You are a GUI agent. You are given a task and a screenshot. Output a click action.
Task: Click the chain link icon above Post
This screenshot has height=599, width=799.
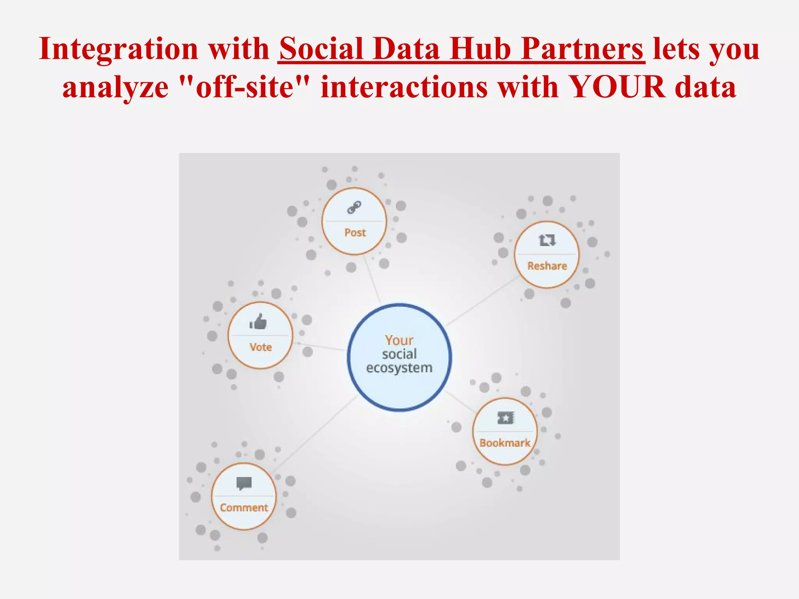(x=354, y=207)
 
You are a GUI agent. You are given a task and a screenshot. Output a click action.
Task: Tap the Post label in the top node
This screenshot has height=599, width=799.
(x=355, y=233)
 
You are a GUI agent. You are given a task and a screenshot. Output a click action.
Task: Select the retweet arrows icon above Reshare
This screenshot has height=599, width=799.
(x=547, y=240)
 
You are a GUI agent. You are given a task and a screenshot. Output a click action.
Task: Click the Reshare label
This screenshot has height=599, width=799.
(x=547, y=266)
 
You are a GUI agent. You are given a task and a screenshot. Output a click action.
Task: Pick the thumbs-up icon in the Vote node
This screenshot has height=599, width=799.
(x=258, y=322)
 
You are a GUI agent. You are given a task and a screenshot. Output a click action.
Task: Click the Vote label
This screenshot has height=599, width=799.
(x=261, y=347)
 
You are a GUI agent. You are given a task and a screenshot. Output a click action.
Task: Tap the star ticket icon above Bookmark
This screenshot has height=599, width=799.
(x=506, y=418)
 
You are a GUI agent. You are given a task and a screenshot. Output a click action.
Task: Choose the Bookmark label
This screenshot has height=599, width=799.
(x=505, y=443)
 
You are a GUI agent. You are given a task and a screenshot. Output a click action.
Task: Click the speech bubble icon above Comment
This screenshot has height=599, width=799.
(x=244, y=484)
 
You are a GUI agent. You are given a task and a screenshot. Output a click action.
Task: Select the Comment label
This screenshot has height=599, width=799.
(x=244, y=508)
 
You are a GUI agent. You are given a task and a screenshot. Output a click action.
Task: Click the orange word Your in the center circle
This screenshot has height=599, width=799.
(x=399, y=340)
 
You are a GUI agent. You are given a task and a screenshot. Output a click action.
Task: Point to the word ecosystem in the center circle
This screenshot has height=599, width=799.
(x=399, y=368)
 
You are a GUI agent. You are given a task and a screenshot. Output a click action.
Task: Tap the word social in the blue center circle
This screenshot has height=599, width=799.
(x=399, y=354)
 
